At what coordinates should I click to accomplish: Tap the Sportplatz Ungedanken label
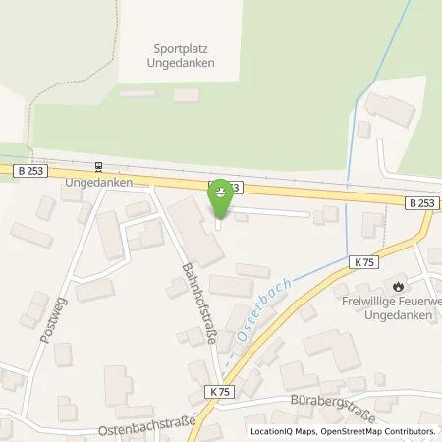(184, 54)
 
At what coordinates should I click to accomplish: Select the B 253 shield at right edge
(421, 202)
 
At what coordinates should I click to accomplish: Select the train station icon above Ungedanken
(97, 167)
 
